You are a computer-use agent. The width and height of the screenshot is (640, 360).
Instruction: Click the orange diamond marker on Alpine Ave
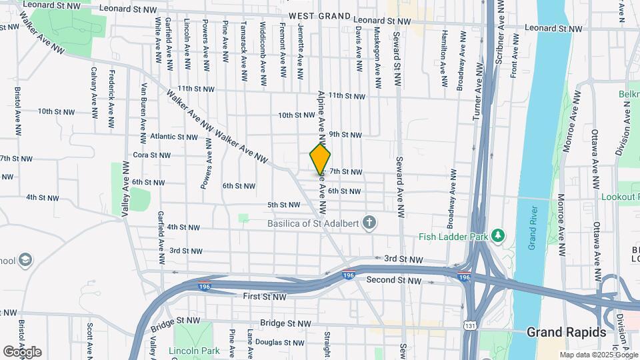320,159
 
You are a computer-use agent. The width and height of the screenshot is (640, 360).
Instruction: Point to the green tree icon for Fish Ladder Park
497,236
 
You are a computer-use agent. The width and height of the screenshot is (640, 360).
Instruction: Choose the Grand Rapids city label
566,332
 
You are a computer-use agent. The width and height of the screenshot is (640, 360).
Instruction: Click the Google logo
21,351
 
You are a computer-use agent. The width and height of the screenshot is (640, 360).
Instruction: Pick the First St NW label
264,296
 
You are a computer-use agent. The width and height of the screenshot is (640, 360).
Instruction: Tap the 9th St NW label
345,135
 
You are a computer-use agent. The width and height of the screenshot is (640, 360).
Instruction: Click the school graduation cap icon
25,259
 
